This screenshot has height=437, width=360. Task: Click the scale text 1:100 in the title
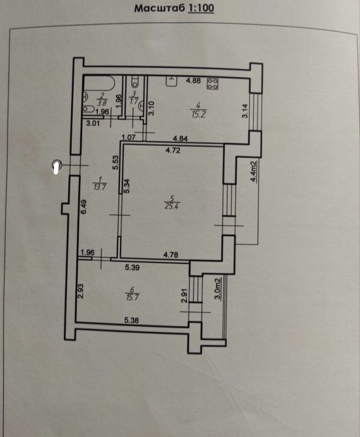click(x=201, y=8)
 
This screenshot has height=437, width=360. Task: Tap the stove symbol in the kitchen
click(x=213, y=84)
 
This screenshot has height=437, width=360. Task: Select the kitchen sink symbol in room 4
click(x=172, y=81)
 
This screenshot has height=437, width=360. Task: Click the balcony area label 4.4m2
click(x=254, y=172)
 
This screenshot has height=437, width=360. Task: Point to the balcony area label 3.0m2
click(x=218, y=288)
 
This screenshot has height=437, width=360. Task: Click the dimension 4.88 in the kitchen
click(x=194, y=81)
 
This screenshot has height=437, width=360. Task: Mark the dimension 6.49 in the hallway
click(x=83, y=207)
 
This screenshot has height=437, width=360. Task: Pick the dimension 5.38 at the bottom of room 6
click(x=132, y=320)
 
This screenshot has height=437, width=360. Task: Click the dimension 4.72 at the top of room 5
click(x=173, y=151)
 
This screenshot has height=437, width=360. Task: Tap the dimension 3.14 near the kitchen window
click(x=245, y=111)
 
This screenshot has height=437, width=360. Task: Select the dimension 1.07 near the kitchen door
click(x=128, y=137)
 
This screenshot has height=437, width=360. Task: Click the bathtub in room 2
click(x=99, y=83)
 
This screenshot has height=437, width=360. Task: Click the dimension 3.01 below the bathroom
click(x=93, y=123)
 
